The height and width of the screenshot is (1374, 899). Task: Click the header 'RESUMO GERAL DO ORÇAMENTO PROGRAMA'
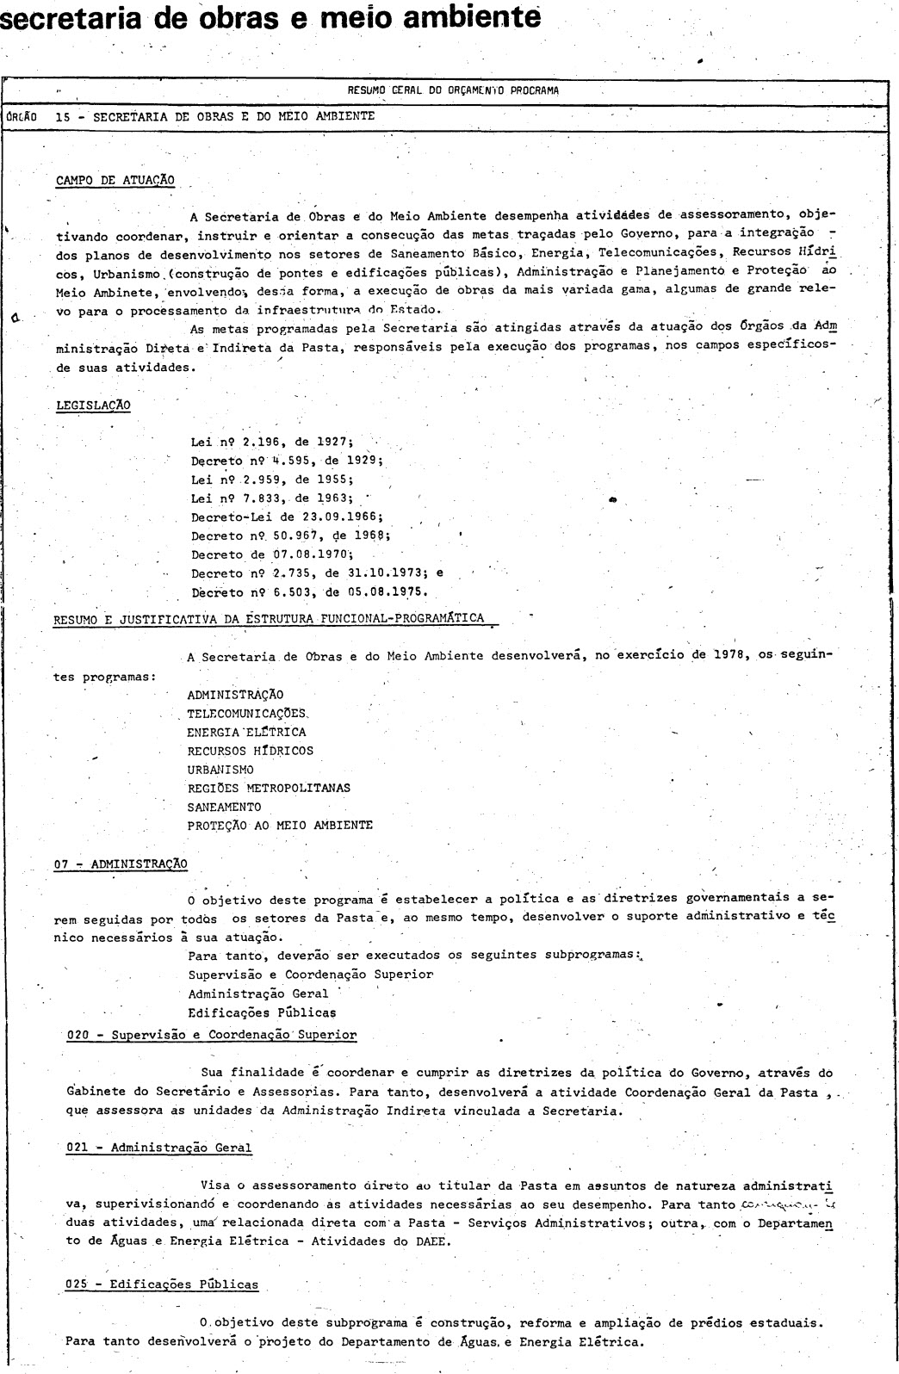(453, 90)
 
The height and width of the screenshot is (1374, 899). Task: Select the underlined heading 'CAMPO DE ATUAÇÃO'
(115, 180)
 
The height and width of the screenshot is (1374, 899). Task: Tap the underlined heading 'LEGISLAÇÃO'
(93, 405)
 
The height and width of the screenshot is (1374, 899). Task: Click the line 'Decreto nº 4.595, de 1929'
(286, 460)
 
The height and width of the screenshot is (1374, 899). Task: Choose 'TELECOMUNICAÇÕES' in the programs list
(247, 714)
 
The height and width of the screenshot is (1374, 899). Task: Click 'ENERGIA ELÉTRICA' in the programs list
(246, 733)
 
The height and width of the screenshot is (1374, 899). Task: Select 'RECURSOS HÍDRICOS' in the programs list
(250, 751)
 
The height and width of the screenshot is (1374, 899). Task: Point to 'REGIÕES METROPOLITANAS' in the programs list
(269, 788)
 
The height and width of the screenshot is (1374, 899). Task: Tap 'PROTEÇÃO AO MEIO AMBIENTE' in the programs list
(280, 826)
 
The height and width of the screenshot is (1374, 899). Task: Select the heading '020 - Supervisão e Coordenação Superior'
(211, 1035)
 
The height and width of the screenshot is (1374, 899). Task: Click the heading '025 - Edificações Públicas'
(162, 1284)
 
